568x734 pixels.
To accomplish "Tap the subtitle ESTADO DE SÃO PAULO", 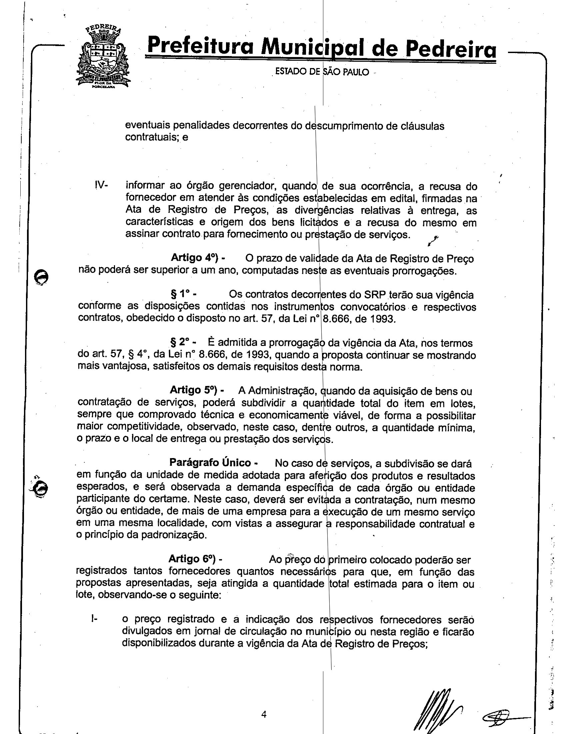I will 322,72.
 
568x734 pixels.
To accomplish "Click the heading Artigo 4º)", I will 197,258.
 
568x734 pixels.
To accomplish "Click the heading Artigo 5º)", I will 197,390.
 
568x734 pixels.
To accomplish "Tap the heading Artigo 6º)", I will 195,559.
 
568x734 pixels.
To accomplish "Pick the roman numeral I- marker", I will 94,618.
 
